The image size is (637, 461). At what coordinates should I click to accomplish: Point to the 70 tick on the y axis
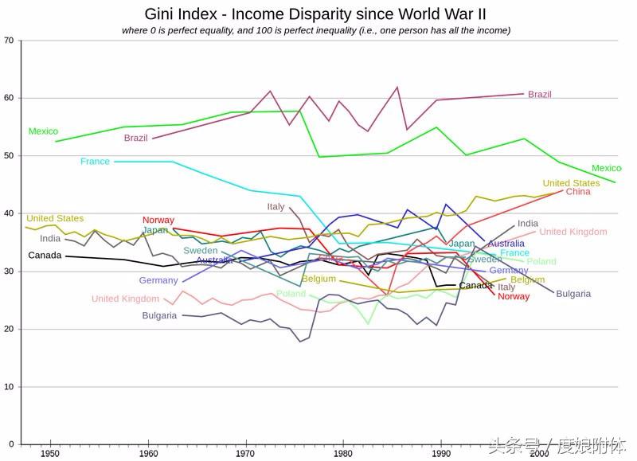coord(9,40)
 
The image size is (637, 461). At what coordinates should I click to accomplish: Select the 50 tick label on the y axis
coord(9,156)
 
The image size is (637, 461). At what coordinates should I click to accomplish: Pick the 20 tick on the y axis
coord(9,330)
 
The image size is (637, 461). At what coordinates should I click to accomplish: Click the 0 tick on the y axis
coord(11,444)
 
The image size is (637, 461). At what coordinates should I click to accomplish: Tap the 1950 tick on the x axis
coord(49,454)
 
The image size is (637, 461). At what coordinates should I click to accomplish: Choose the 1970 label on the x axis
coord(245,454)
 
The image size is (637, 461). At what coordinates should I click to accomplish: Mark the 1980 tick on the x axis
coord(343,454)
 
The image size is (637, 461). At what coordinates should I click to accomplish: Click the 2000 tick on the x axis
coord(539,454)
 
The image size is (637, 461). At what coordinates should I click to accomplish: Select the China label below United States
coord(578,192)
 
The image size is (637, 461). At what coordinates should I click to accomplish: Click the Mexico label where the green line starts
coord(43,131)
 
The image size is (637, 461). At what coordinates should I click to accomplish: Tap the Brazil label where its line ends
coord(539,95)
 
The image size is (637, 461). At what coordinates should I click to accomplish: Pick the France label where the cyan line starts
coord(95,162)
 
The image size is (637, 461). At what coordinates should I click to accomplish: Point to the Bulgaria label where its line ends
coord(573,294)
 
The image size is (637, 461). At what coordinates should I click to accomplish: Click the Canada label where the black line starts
coord(45,256)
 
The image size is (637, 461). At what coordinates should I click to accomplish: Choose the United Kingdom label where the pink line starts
coord(125,299)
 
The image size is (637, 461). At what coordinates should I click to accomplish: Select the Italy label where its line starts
coord(276,207)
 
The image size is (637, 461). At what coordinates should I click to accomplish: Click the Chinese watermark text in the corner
coord(557,445)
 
